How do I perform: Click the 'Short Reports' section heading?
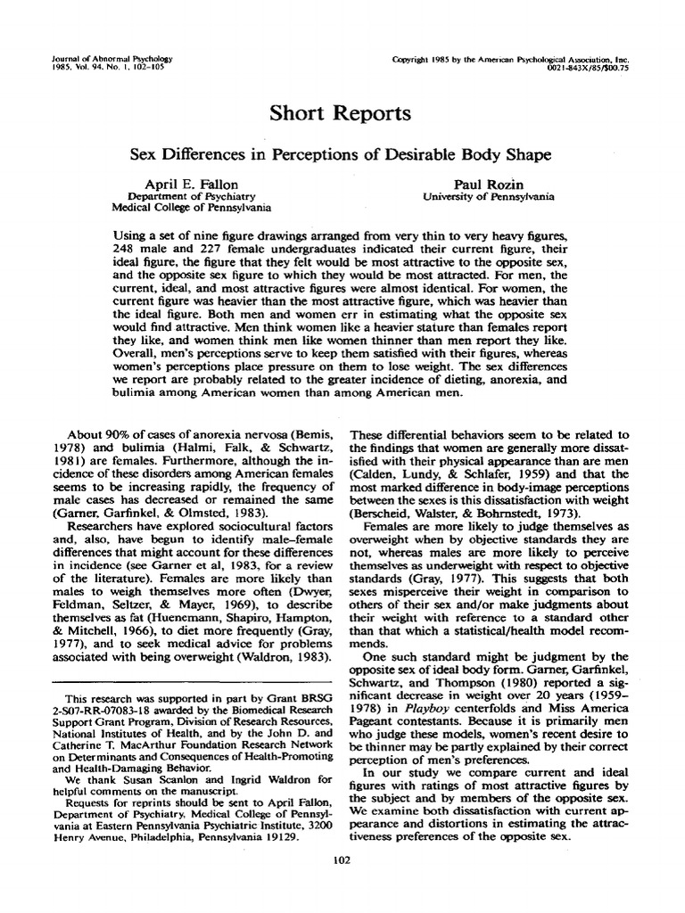(x=342, y=114)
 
